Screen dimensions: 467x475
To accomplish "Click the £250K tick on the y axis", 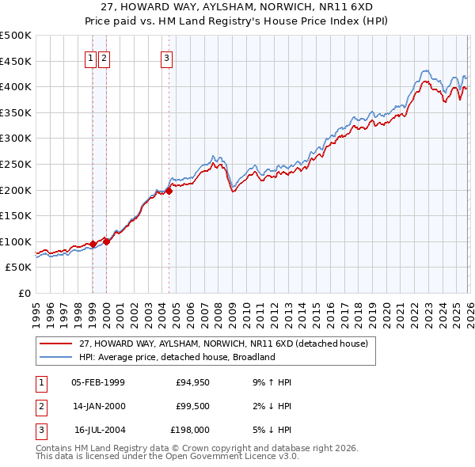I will pos(16,164).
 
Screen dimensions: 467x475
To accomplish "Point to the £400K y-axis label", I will pos(16,86).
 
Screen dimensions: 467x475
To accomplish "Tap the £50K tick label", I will pos(18,268).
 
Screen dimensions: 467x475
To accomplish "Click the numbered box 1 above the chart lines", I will pos(91,57).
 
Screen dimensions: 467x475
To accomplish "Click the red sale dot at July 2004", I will pos(169,191).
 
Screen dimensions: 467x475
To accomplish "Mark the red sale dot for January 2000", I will pos(106,242).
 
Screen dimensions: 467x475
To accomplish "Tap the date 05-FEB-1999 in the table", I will pos(97,382).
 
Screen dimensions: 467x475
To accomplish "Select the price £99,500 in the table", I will pos(192,406).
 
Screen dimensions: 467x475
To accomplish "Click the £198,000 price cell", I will pos(190,430).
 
